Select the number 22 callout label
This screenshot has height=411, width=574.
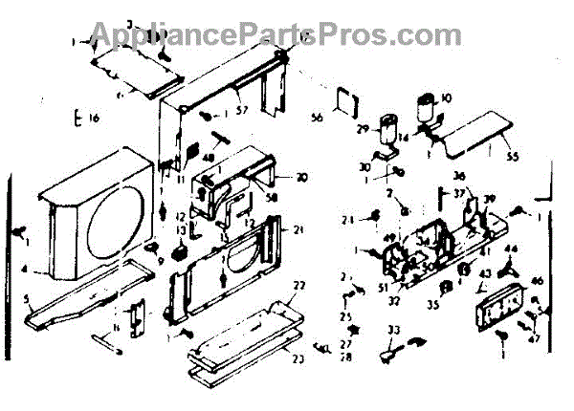click(299, 286)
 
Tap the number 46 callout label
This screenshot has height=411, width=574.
click(537, 282)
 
